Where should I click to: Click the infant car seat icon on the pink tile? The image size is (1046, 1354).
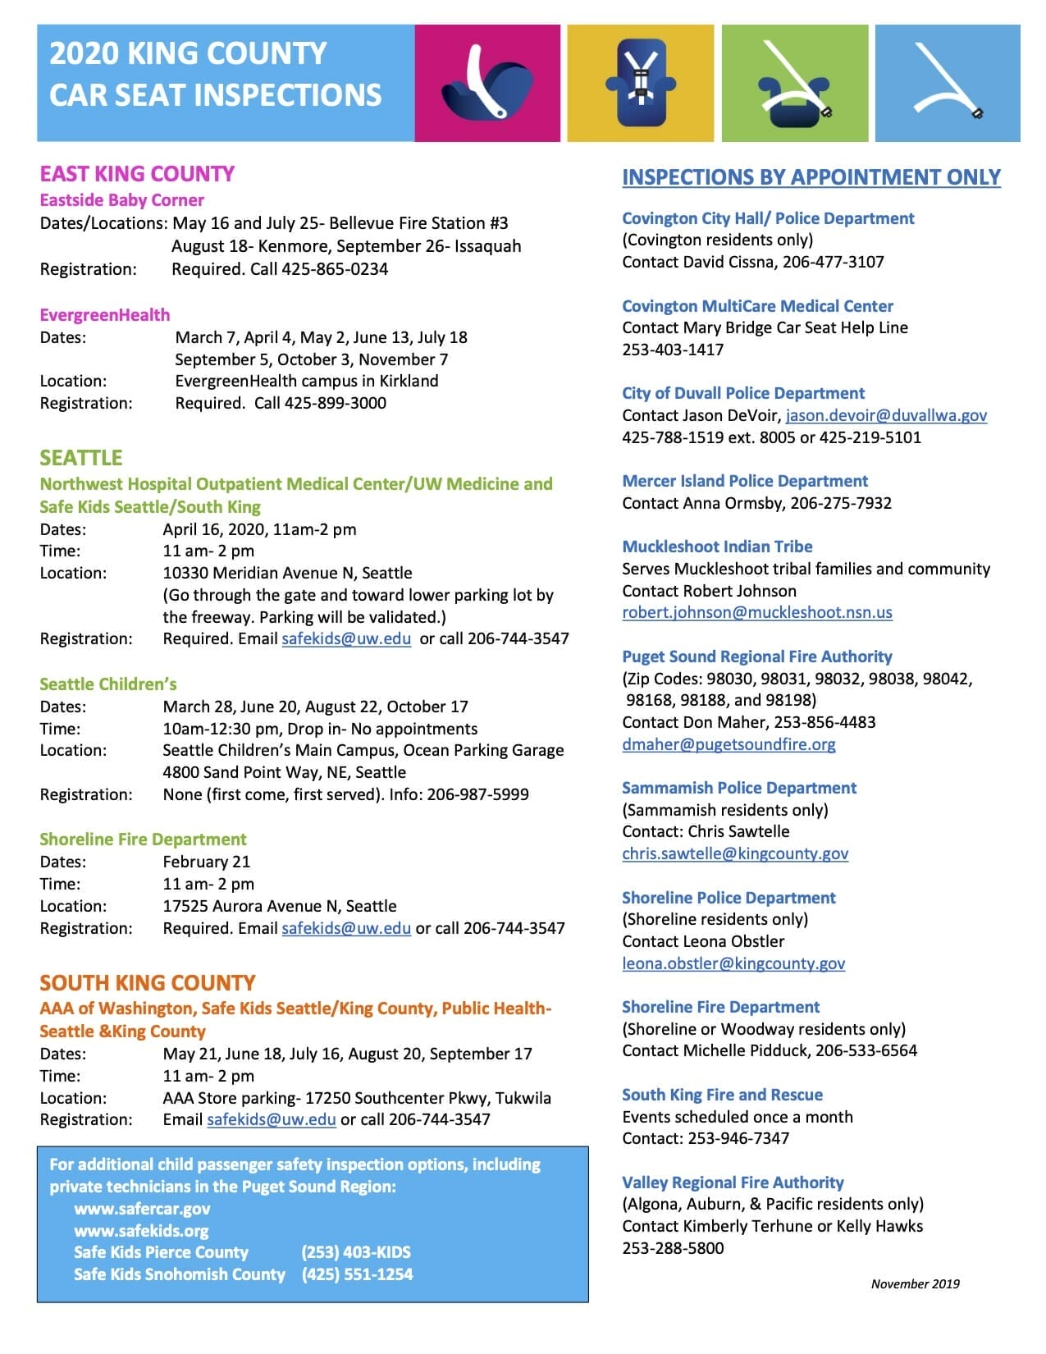coord(485,85)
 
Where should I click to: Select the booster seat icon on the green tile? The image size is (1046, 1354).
coord(792,85)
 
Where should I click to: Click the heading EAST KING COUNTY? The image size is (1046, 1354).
coord(137,174)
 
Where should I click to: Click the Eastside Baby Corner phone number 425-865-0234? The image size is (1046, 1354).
coord(335,269)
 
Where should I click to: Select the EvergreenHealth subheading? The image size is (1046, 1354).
coord(105,315)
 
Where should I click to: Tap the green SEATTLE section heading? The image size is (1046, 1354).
coord(81,458)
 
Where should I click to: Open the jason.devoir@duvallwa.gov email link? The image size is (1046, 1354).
coord(886,415)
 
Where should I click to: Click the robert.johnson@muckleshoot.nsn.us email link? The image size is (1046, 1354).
coord(757,612)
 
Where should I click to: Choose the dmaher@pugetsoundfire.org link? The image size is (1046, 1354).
coord(729,744)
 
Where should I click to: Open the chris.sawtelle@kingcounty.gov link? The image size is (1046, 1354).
coord(735,853)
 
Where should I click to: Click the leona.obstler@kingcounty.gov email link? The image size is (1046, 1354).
coord(733,963)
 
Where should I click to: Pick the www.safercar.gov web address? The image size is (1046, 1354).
coord(142,1209)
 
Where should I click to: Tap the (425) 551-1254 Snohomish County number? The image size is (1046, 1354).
coord(357,1274)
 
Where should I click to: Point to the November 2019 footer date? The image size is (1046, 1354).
coord(915,1284)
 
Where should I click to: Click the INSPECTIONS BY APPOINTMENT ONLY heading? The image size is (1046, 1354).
coord(811,177)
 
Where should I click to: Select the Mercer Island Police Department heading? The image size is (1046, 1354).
coord(745,481)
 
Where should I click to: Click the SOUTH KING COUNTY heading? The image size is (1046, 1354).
coord(148,983)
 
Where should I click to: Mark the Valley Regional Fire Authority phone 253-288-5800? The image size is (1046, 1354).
coord(673,1248)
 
